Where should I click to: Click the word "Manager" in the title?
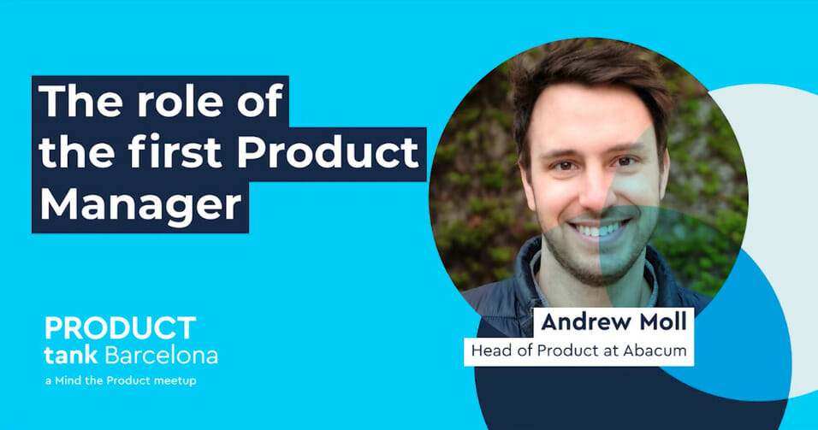pos(139,206)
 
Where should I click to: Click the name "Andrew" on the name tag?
pos(586,322)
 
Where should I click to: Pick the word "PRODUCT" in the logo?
pos(121,327)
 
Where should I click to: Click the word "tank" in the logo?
pos(71,356)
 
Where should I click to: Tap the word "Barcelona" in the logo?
pos(161,356)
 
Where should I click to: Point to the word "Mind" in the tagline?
pos(68,380)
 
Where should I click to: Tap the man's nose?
pos(593,196)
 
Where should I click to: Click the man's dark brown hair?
pos(587,73)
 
